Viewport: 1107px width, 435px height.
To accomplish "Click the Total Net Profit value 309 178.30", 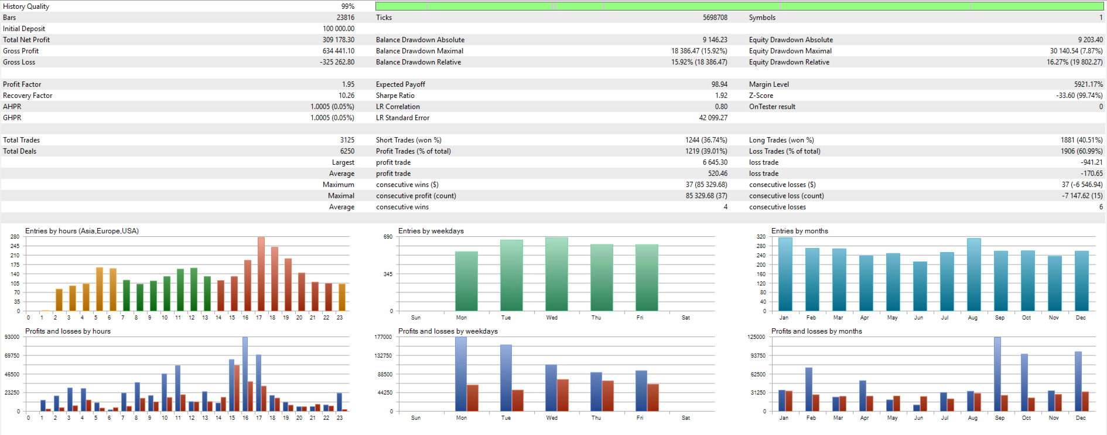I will [338, 40].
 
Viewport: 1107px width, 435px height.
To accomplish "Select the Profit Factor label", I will [22, 84].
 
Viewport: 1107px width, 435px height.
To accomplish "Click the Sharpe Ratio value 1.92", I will [720, 96].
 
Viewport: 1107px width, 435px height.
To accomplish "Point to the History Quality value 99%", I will [347, 6].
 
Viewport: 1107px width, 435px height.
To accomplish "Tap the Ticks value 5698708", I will [715, 18].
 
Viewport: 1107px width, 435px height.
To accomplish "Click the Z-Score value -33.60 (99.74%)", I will [1079, 96].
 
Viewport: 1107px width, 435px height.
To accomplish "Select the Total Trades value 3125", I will [347, 140].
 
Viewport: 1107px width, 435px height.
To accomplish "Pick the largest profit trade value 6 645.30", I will [715, 162].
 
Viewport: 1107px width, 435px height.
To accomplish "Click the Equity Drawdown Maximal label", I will [790, 51].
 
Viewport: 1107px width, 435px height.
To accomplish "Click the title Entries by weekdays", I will [430, 231].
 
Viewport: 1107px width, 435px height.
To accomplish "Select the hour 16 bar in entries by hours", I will [248, 286].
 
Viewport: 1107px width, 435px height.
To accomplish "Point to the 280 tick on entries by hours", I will [15, 237].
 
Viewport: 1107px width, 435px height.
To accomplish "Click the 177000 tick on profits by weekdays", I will [383, 337].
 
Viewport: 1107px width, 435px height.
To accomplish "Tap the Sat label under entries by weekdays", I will [685, 318].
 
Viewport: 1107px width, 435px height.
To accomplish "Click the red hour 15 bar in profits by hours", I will [237, 388].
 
